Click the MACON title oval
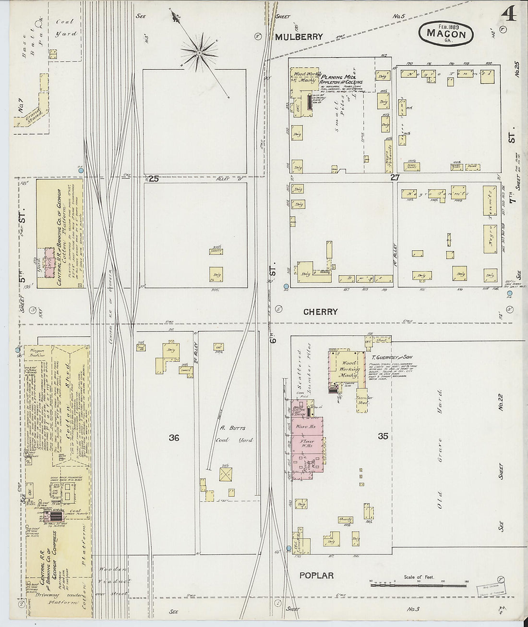click(446, 34)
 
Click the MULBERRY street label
click(299, 37)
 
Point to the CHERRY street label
click(320, 312)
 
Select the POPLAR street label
click(316, 575)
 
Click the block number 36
click(174, 438)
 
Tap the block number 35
click(383, 436)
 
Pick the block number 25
click(153, 179)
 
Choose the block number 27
click(395, 177)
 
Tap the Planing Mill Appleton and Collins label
click(341, 79)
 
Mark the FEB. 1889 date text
click(446, 25)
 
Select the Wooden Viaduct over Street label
click(114, 581)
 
